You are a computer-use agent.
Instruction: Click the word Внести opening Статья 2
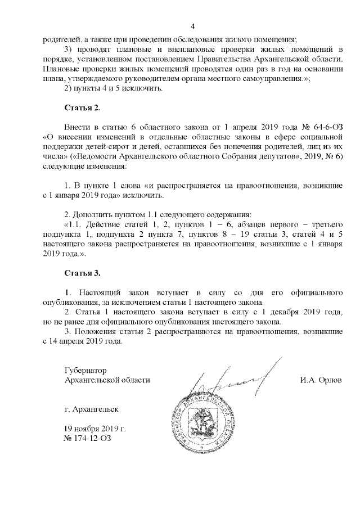[77, 127]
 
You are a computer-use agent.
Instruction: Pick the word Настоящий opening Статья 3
[99, 292]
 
